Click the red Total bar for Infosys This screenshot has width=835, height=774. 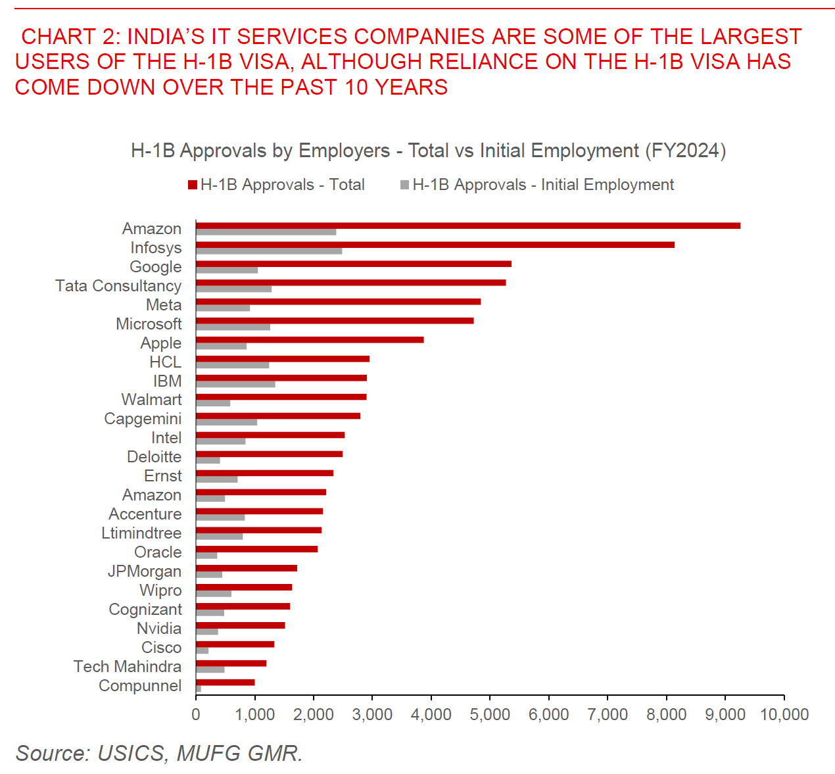coord(435,245)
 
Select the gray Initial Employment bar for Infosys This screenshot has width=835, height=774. coord(268,251)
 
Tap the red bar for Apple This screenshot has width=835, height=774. coord(309,340)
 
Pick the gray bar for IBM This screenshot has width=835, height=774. coord(235,384)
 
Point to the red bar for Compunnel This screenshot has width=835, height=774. coord(225,682)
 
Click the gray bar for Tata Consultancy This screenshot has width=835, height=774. coord(233,289)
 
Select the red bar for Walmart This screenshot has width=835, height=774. coord(281,397)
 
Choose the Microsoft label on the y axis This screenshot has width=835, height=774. coord(149,324)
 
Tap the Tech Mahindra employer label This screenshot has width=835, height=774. coord(128,667)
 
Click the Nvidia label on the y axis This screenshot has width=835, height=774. coord(159,629)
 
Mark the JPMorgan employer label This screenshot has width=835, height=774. coord(145,571)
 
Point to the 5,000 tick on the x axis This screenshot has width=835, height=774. coord(490,715)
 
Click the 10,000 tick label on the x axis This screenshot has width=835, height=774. coord(784,715)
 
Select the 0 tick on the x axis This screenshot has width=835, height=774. coord(196,715)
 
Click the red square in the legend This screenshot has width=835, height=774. coord(193,185)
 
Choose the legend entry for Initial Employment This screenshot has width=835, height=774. coord(542,185)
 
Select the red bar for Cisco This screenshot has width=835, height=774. coord(235,644)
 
